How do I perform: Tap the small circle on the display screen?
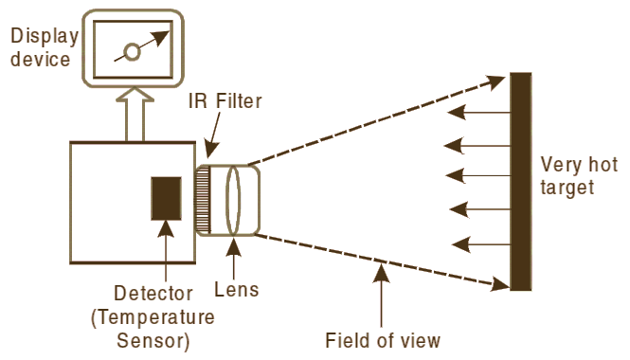tap(133, 53)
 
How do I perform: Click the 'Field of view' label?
tap(383, 340)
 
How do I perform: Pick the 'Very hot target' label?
tap(567, 174)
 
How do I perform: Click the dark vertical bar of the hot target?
tap(520, 181)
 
